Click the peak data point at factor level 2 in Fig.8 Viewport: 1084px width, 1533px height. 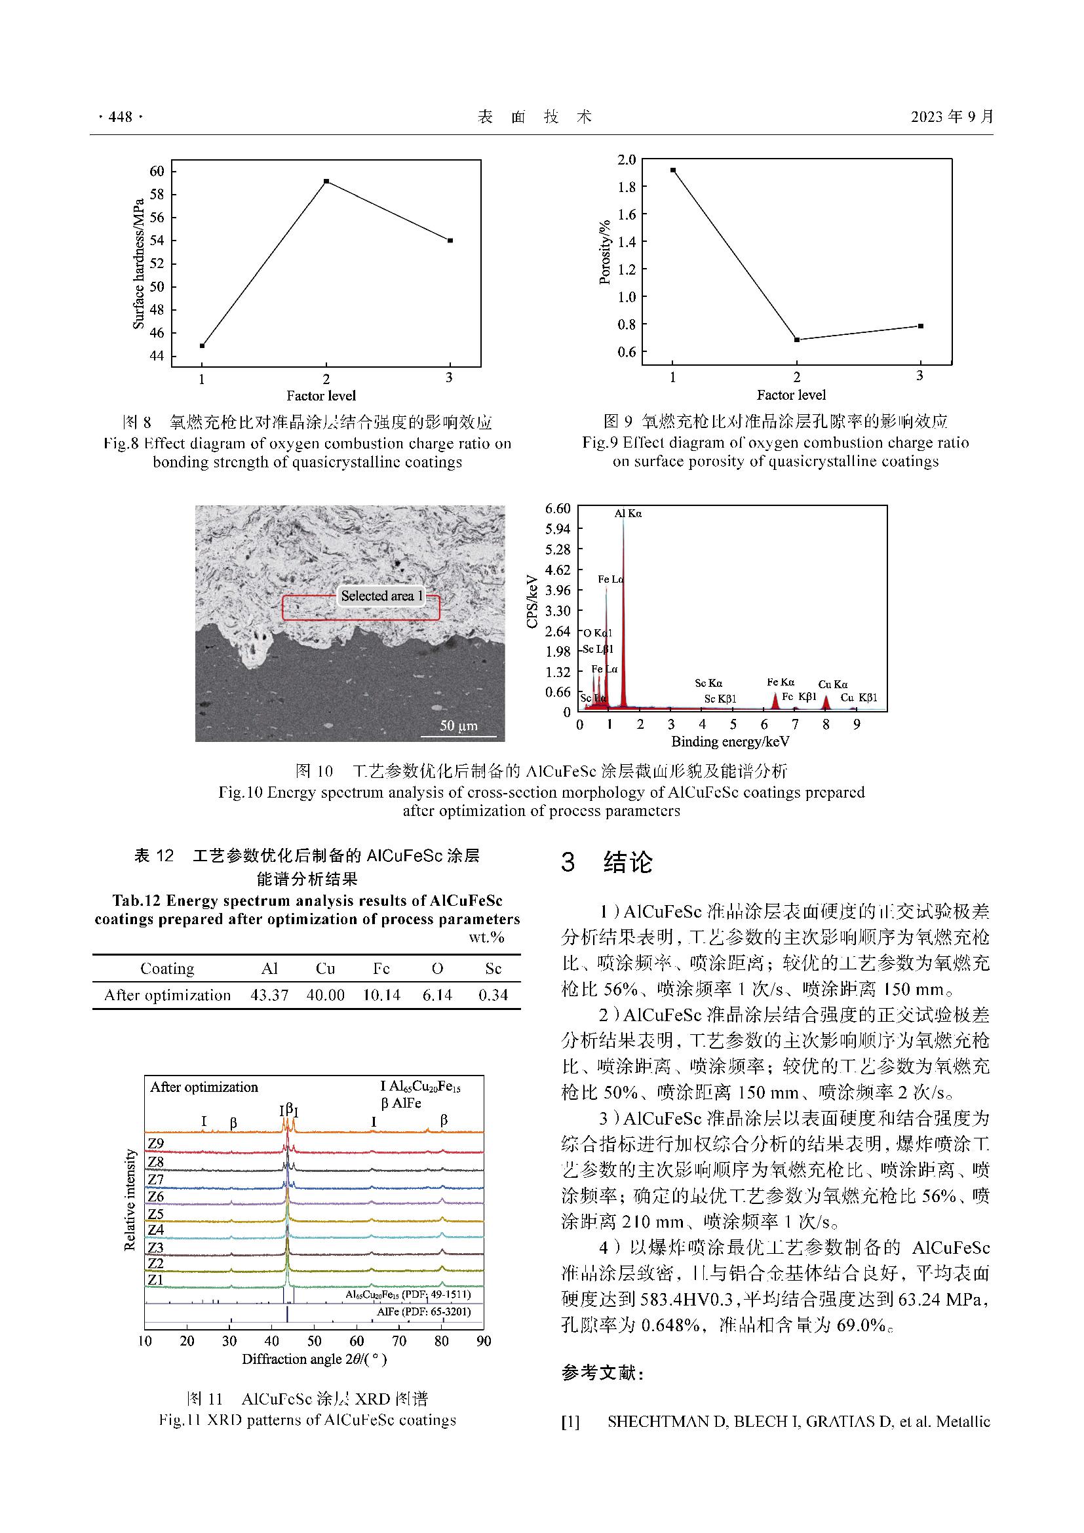(326, 181)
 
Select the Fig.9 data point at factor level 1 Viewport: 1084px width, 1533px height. (673, 170)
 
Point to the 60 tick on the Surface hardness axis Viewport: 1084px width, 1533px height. (157, 172)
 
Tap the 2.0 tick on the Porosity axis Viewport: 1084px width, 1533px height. (626, 159)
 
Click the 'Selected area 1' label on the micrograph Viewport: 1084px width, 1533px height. (382, 596)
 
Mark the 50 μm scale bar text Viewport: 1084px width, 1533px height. (459, 726)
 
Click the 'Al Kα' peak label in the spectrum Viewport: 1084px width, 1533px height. (628, 513)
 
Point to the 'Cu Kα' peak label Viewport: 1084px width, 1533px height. (832, 684)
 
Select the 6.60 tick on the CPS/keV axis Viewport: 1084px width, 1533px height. (558, 509)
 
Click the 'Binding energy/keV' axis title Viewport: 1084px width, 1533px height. (730, 742)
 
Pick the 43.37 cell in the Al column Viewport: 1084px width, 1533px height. (269, 995)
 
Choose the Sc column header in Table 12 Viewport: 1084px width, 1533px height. (494, 969)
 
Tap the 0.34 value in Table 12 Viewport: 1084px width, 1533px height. (494, 995)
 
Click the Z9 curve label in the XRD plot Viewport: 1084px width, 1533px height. (155, 1143)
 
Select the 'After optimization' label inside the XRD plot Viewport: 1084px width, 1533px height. (204, 1087)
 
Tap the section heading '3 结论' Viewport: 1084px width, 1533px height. (607, 862)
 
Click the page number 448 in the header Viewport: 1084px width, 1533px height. (120, 117)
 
